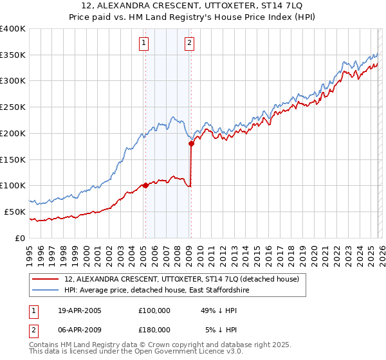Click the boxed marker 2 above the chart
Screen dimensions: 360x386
[x=190, y=44]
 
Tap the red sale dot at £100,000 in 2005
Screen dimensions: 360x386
[x=145, y=185]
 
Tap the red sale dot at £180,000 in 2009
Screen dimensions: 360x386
[x=191, y=144]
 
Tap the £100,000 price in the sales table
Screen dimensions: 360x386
[x=154, y=310]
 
